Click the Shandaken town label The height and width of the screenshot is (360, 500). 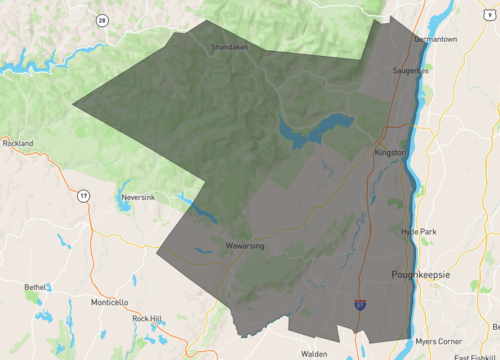(x=229, y=47)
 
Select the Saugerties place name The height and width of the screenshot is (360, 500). (x=410, y=71)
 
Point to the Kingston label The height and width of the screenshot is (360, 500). (x=390, y=152)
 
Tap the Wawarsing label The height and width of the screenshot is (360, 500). (x=243, y=245)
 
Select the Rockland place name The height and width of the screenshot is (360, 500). (x=17, y=143)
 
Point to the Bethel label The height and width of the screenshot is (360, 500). (x=36, y=287)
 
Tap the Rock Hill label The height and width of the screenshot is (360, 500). (x=147, y=318)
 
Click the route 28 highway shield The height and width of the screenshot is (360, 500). (x=102, y=20)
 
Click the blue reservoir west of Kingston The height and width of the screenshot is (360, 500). (x=318, y=129)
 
